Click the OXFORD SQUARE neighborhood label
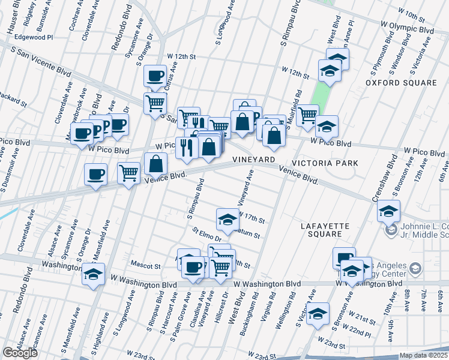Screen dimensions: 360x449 click(x=401, y=83)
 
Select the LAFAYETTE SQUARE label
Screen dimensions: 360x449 click(x=325, y=230)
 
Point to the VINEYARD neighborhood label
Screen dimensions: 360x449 click(x=254, y=160)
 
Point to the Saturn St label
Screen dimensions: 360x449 click(x=248, y=234)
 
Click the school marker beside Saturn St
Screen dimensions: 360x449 click(x=228, y=220)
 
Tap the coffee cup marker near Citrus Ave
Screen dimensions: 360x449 click(x=155, y=76)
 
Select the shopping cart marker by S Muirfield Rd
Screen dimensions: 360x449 click(x=308, y=114)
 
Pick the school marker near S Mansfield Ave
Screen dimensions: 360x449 click(x=93, y=274)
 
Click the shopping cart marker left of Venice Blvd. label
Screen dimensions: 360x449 click(x=129, y=173)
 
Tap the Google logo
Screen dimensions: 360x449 click(x=20, y=353)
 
